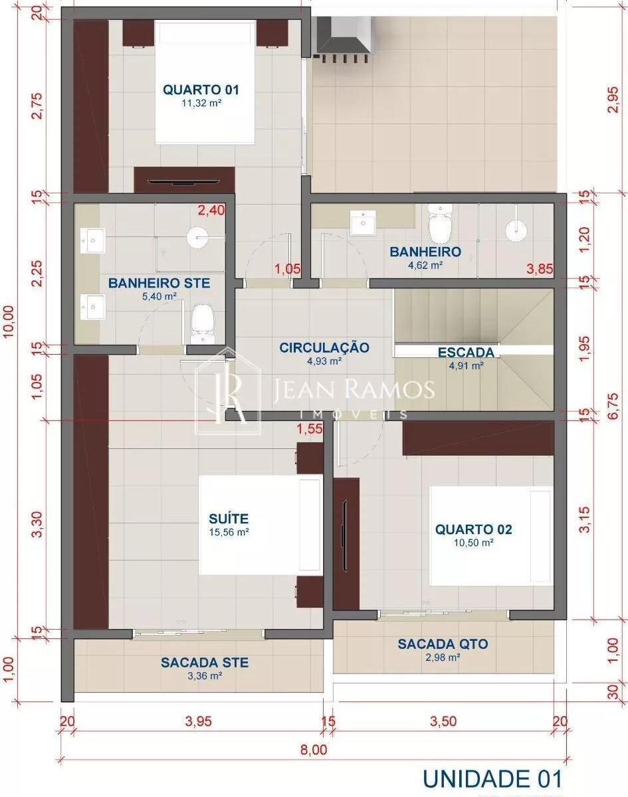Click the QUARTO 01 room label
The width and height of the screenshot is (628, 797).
(201, 90)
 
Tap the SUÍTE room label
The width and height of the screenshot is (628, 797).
(229, 519)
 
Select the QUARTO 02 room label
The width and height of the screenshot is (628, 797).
(473, 529)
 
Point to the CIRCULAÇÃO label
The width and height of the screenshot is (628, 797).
(324, 347)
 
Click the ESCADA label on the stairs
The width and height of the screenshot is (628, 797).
(466, 352)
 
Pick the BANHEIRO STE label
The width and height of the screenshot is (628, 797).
(159, 283)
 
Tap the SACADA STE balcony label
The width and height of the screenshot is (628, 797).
(205, 662)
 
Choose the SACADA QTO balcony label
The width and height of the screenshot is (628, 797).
(443, 644)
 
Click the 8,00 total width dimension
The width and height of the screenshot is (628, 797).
(314, 750)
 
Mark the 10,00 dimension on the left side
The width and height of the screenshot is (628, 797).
(8, 321)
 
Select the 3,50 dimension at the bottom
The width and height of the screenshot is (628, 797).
(443, 721)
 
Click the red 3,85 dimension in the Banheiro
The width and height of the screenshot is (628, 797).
(540, 268)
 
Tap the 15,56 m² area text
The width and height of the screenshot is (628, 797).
(229, 532)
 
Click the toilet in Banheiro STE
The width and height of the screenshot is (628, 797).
(202, 323)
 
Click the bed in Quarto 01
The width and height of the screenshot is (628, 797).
(205, 82)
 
